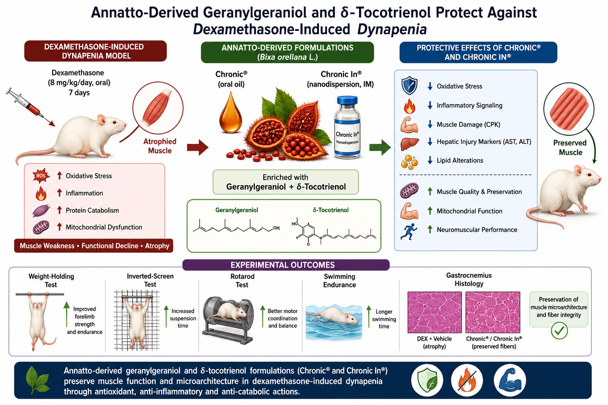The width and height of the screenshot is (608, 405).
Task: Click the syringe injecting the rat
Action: tap(25, 103)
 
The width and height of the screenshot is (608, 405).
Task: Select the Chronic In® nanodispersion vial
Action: tap(347, 127)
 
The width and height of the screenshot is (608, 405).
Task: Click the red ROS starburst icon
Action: tap(41, 176)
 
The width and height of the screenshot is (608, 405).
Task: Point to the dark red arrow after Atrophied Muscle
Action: tap(198, 147)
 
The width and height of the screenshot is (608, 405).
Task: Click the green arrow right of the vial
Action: tap(380, 147)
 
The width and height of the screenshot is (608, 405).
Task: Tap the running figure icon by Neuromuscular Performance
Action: tap(409, 232)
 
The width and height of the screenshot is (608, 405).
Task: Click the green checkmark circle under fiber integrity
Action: tap(559, 331)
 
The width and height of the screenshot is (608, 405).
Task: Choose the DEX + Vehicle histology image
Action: tap(435, 312)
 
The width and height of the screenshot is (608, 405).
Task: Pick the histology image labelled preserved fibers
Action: tap(493, 312)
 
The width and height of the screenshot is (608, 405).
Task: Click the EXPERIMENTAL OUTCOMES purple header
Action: tap(286, 265)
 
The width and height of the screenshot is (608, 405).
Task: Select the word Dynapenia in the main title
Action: tap(391, 29)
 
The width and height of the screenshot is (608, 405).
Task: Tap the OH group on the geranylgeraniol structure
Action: tap(276, 228)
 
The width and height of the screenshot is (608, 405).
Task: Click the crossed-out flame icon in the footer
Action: tap(467, 380)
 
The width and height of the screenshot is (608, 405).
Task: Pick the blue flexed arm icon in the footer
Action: tap(510, 380)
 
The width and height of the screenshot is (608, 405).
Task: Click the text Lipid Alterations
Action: tap(460, 160)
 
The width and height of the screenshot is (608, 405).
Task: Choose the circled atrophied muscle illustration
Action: tap(158, 108)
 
